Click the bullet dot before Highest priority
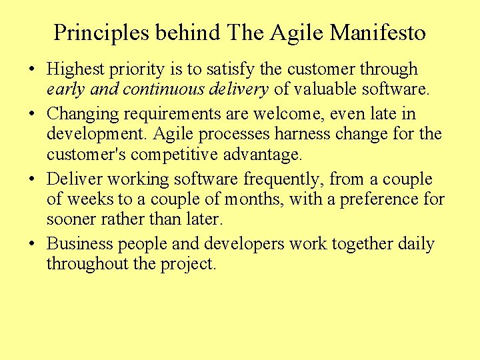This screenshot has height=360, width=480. tap(33, 69)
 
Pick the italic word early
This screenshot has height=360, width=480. tap(63, 89)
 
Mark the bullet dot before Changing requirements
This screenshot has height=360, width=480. tap(33, 115)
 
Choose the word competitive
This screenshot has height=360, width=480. tap(177, 154)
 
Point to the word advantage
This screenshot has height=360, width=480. tap(261, 154)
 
